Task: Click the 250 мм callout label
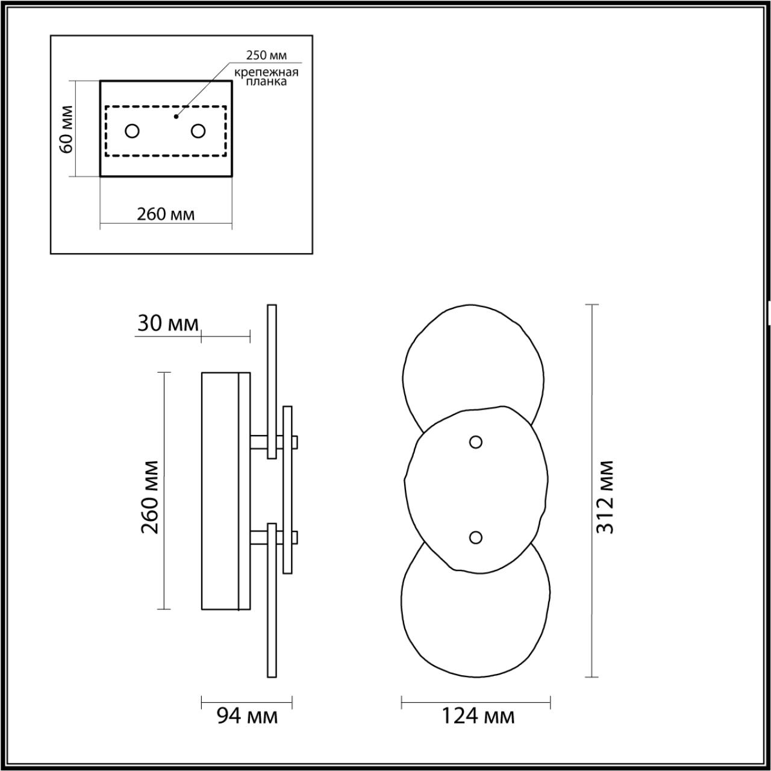point(266,55)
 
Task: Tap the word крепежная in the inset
point(267,72)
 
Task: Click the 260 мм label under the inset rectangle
point(166,214)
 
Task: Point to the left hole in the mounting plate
point(133,131)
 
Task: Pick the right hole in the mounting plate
point(198,131)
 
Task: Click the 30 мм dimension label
point(167,323)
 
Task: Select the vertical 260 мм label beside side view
point(150,497)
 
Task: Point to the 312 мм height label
point(604,497)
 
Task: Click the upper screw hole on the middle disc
point(476,442)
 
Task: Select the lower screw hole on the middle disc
point(476,537)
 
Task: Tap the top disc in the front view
point(473,361)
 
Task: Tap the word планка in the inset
point(267,83)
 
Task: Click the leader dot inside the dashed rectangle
point(176,116)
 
